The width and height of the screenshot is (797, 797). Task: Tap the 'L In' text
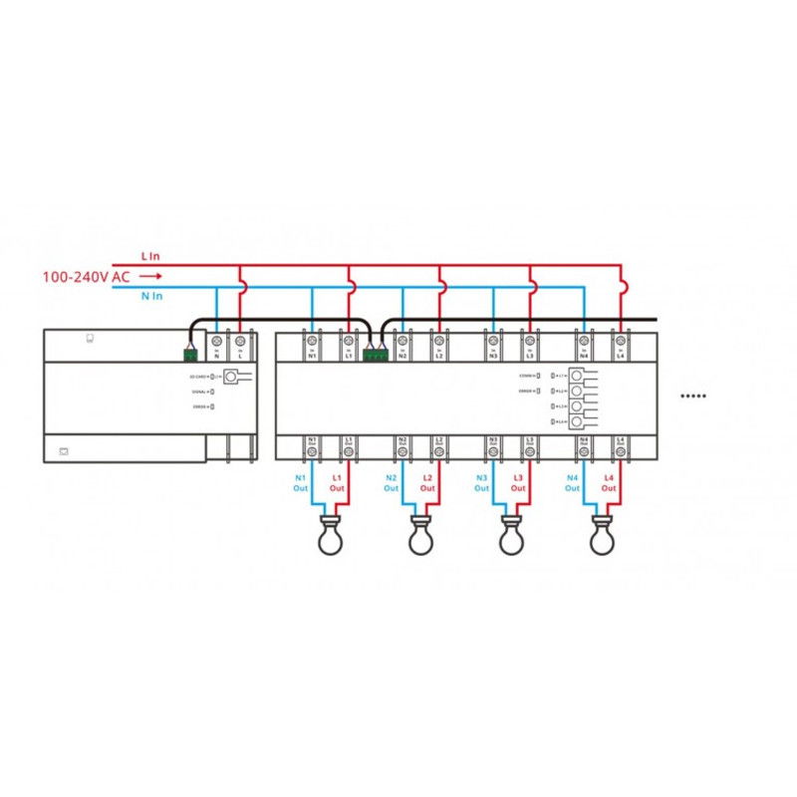coord(151,257)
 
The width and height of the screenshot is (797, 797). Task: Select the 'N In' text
coord(152,296)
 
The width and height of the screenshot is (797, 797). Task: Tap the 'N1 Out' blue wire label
coord(301,483)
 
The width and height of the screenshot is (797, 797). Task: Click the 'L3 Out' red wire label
coord(518,483)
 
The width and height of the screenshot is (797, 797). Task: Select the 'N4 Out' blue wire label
coord(573,483)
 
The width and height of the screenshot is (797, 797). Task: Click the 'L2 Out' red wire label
coord(427,483)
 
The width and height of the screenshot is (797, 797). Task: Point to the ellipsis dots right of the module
coord(692,396)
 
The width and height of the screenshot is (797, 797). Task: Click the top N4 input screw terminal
coord(584,341)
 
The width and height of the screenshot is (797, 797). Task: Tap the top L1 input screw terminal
coord(349,341)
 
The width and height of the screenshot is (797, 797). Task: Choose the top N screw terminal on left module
coord(217,341)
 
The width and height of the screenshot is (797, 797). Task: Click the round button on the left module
coord(232,377)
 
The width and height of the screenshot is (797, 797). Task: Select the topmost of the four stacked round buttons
coord(575,376)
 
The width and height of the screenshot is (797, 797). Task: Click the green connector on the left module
coord(190,352)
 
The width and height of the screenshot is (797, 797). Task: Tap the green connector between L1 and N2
coord(376,352)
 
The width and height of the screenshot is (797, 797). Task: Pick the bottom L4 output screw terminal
coord(621,451)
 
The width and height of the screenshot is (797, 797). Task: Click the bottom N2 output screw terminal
coord(402,451)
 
